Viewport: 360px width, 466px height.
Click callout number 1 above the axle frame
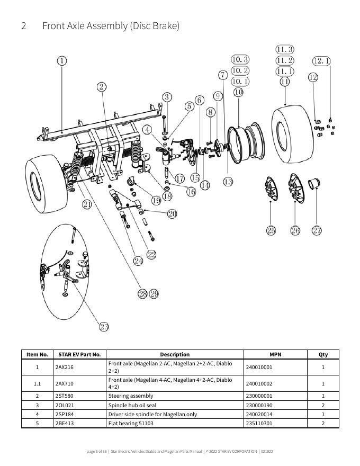coord(62,61)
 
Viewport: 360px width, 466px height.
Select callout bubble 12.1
coord(322,61)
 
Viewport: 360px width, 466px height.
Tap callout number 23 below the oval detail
coord(104,327)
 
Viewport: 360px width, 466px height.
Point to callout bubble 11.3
coord(285,49)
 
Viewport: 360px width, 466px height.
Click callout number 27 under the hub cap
coord(317,230)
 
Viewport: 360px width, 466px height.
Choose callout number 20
coord(172,214)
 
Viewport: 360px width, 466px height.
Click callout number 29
coord(154,294)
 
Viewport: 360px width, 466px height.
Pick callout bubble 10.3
coord(240,59)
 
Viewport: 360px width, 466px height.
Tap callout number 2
coord(102,87)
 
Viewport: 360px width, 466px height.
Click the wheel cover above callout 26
coord(296,189)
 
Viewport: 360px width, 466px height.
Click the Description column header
coord(175,354)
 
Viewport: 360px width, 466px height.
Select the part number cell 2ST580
coord(64,396)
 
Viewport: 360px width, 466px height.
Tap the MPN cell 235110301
coord(259,423)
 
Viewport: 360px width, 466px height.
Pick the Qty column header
coord(323,354)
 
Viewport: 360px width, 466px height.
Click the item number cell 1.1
coord(37,383)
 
